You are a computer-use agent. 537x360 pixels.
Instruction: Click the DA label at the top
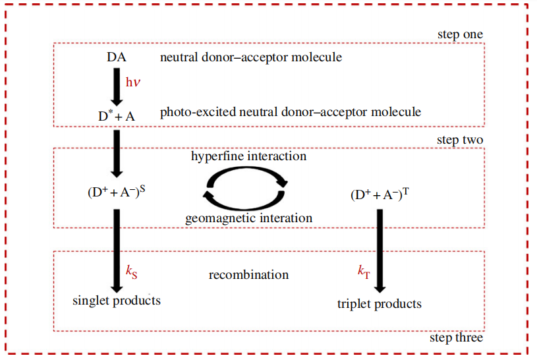point(116,57)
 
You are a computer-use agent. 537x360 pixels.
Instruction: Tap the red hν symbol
point(133,82)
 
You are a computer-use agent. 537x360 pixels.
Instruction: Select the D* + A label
point(116,115)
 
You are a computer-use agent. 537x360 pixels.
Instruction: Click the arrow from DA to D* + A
point(117,86)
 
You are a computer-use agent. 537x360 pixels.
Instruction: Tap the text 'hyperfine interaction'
point(248,157)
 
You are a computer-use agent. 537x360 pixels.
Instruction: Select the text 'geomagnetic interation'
point(248,218)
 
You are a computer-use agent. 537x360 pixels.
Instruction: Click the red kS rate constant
point(132,271)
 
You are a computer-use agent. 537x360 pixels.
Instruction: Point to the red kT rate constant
point(364,271)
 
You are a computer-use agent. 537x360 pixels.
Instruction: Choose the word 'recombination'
point(248,274)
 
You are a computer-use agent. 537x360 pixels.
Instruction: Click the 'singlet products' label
point(117,301)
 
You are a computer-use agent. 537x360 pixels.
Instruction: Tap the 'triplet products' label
point(380,304)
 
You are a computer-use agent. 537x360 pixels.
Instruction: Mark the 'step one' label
point(460,34)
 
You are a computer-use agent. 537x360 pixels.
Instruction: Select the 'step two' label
point(459,140)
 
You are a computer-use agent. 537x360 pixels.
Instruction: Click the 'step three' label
point(456,338)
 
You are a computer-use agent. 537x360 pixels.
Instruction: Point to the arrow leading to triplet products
point(380,251)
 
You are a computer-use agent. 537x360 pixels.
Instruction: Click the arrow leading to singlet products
point(117,251)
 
